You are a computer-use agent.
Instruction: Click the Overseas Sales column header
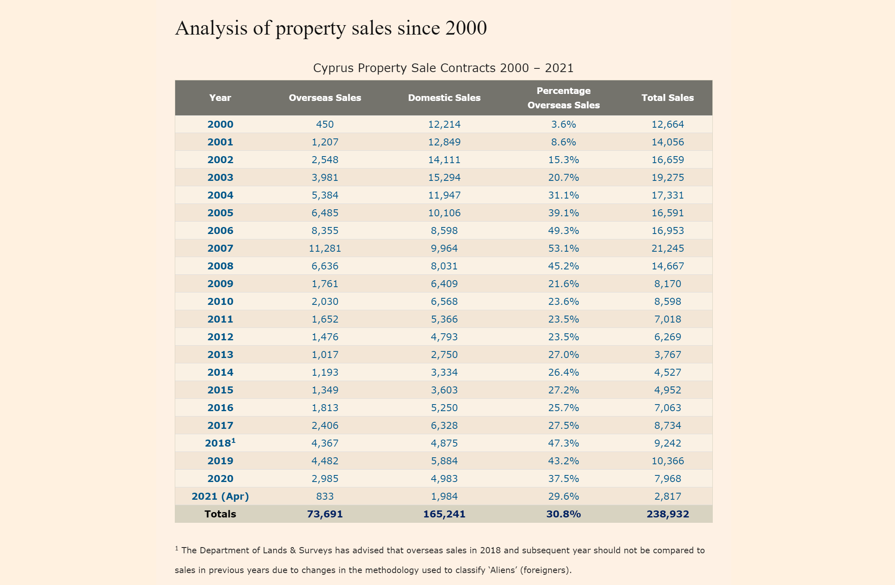(325, 98)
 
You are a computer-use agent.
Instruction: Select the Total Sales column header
(667, 98)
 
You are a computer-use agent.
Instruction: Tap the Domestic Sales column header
(444, 98)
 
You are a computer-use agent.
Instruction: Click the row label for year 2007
(220, 248)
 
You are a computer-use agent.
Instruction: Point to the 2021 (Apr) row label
(220, 496)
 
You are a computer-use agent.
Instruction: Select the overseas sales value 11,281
(325, 248)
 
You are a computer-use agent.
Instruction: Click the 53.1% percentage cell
(563, 248)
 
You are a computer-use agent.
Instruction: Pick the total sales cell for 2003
(667, 178)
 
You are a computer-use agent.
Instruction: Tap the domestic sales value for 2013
(444, 355)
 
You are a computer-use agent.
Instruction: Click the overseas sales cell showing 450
(325, 124)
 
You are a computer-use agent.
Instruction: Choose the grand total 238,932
(667, 514)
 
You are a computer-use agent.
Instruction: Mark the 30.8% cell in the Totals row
(563, 514)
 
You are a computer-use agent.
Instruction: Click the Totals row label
(220, 514)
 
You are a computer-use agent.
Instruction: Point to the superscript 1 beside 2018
(233, 440)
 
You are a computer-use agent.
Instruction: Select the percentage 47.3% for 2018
(563, 443)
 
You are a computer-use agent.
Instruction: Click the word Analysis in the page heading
(211, 28)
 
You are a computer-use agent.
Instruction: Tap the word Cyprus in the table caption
(333, 68)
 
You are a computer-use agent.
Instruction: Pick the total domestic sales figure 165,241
(444, 514)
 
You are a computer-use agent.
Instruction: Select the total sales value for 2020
(667, 479)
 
